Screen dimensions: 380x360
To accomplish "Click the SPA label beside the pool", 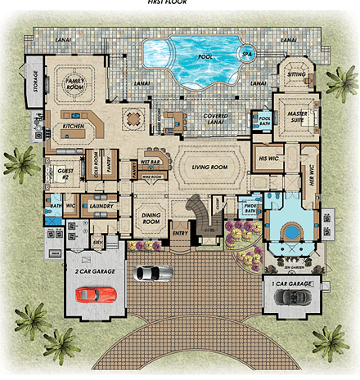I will (247, 56).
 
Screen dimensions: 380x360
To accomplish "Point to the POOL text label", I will (206, 58).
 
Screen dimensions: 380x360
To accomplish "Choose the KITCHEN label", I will (74, 129).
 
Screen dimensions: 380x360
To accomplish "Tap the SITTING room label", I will (296, 74).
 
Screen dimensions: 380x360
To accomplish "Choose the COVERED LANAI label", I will (216, 120).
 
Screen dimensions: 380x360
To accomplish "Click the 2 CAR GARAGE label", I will (94, 270).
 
